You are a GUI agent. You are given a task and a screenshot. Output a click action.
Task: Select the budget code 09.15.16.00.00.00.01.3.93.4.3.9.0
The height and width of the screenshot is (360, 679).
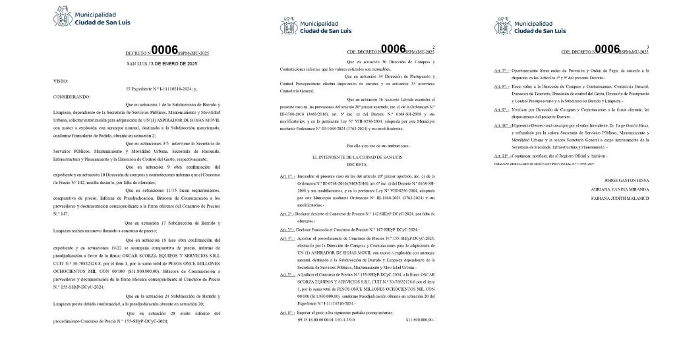point(327,319)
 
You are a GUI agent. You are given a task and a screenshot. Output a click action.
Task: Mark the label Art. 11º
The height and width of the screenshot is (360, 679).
point(502,156)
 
